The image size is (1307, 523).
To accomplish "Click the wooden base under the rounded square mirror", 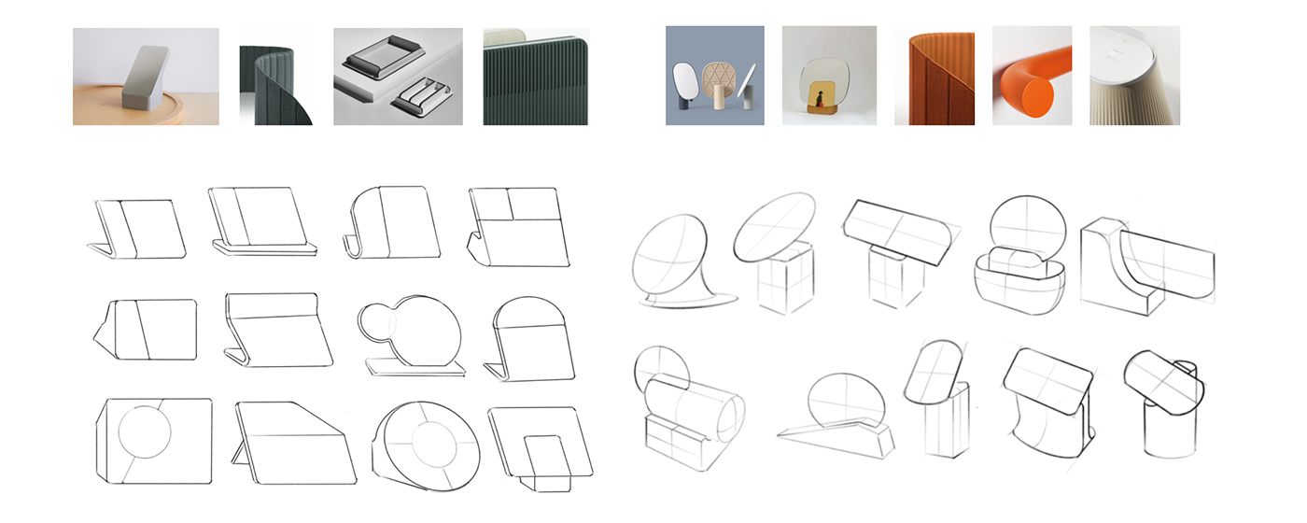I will click(x=825, y=114).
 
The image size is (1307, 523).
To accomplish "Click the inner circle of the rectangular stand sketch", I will click(x=146, y=435).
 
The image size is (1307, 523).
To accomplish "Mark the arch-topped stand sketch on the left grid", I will click(x=527, y=336).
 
